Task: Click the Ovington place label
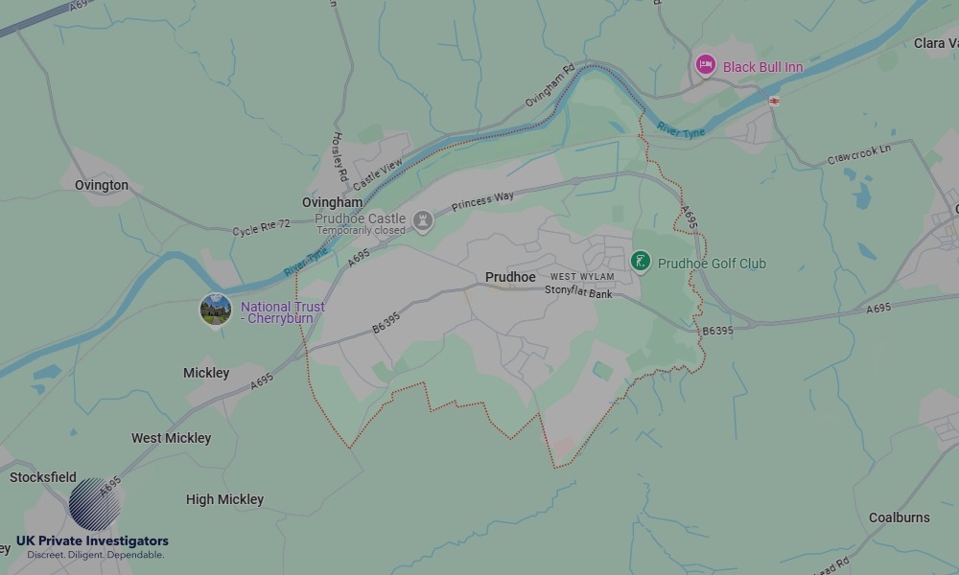click(x=102, y=185)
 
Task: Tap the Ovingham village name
click(x=332, y=203)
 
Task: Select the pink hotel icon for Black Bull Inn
click(x=706, y=65)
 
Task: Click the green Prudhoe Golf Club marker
click(x=641, y=261)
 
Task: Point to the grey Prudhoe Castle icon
click(x=422, y=222)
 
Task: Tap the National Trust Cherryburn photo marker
click(x=216, y=310)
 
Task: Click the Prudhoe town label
click(x=510, y=277)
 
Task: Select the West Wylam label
click(x=582, y=277)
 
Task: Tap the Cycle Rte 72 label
click(x=261, y=227)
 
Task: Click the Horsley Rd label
click(x=339, y=157)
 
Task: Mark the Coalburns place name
click(x=899, y=517)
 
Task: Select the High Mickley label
click(x=224, y=499)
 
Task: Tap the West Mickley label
click(x=171, y=438)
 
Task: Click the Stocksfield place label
click(x=42, y=477)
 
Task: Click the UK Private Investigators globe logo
click(x=95, y=504)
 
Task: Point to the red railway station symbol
click(x=774, y=101)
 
